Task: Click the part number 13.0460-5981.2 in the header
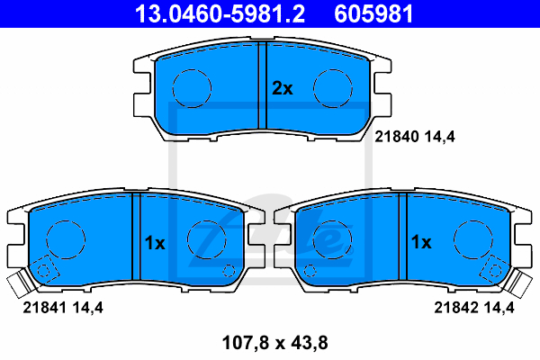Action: [220, 14]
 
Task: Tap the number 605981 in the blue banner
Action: [373, 14]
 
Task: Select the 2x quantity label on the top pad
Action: [283, 88]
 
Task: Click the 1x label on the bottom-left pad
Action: [155, 243]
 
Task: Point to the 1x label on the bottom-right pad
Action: [421, 242]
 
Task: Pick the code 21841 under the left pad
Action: [44, 307]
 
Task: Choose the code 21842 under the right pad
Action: [455, 307]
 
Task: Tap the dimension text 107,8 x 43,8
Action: [275, 343]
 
